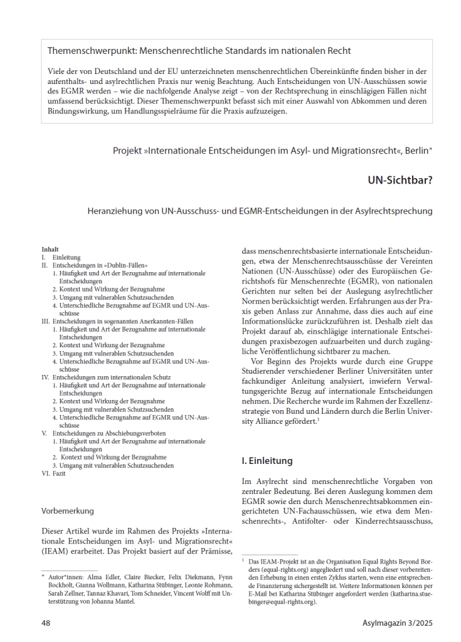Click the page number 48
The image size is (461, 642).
[46, 623]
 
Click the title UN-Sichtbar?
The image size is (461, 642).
[400, 180]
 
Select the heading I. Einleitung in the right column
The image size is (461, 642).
[267, 461]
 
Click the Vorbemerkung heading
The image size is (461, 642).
[68, 510]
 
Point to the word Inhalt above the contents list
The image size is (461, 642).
[50, 249]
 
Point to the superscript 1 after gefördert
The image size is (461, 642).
[319, 419]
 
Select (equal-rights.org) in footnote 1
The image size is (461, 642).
[270, 568]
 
